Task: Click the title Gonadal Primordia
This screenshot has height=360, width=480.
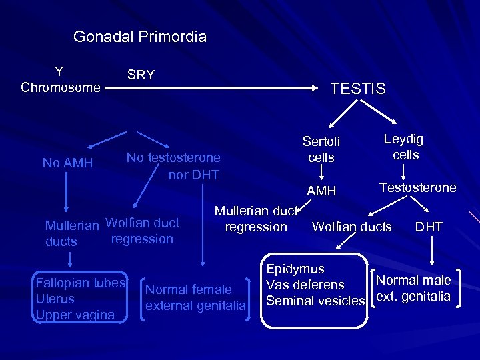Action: pyautogui.click(x=140, y=37)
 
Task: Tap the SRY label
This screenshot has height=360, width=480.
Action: pyautogui.click(x=141, y=75)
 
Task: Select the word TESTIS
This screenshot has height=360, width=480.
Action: pyautogui.click(x=358, y=89)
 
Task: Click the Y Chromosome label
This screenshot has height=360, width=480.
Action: pyautogui.click(x=60, y=79)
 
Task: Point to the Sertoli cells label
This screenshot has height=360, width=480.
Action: pyautogui.click(x=321, y=149)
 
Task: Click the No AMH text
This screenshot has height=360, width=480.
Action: pyautogui.click(x=67, y=163)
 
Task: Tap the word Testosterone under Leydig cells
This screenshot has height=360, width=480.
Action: pyautogui.click(x=418, y=187)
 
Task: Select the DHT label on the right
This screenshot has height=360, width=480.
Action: pyautogui.click(x=429, y=227)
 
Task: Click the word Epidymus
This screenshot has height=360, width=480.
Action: pyautogui.click(x=295, y=269)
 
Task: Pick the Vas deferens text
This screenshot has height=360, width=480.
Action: pyautogui.click(x=305, y=285)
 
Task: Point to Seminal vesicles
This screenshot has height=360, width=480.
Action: pyautogui.click(x=315, y=301)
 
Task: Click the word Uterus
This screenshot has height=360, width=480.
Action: pyautogui.click(x=55, y=299)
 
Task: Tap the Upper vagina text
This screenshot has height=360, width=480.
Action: pyautogui.click(x=75, y=315)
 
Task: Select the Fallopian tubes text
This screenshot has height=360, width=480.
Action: pyautogui.click(x=81, y=282)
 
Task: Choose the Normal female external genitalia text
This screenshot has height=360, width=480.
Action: pyautogui.click(x=195, y=298)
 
